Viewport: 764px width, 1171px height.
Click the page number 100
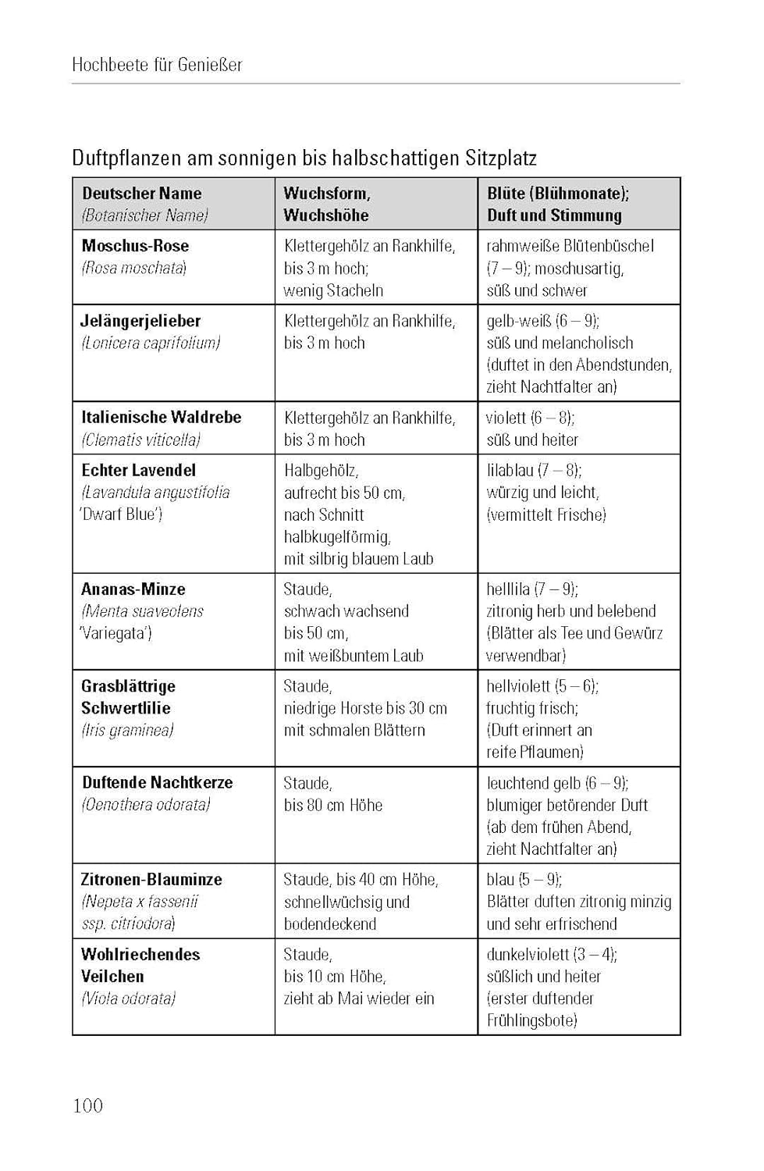click(x=87, y=1105)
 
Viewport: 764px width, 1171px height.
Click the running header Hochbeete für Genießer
click(x=157, y=65)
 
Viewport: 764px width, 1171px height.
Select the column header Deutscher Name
click(x=141, y=194)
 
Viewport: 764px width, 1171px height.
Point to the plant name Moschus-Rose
click(x=135, y=246)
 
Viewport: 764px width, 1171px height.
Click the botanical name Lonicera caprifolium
click(x=151, y=343)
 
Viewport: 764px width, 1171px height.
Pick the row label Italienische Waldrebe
click(x=161, y=418)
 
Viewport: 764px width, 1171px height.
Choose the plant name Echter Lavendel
click(x=138, y=471)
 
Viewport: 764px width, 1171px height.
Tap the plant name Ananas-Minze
click(x=133, y=589)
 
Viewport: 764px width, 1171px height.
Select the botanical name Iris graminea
click(x=127, y=731)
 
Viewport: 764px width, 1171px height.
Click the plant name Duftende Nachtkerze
click(x=157, y=783)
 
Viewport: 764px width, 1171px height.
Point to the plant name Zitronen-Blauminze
click(x=151, y=880)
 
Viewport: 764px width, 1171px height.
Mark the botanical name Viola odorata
click(x=129, y=998)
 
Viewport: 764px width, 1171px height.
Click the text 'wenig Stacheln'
click(x=333, y=290)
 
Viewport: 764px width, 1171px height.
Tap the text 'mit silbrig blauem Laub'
click(x=358, y=559)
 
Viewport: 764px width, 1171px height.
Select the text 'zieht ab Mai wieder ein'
click(x=359, y=998)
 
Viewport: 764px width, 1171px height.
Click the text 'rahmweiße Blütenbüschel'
click(x=570, y=246)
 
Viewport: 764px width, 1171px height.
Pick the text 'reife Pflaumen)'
click(x=535, y=753)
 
